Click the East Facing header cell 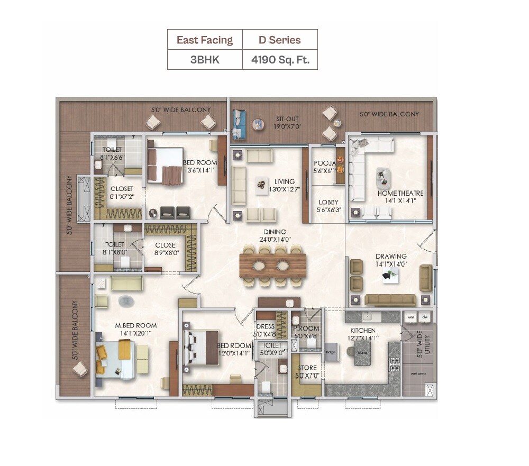coord(205,40)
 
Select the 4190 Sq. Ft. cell coord(279,59)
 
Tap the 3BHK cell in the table coord(205,59)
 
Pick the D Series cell coord(279,40)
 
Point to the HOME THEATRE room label coord(400,194)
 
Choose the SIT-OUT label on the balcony coord(288,120)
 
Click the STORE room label coord(307,368)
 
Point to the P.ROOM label coord(306,328)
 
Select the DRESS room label coord(265,327)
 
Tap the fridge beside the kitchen coord(331,352)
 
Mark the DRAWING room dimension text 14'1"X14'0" coord(391,263)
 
